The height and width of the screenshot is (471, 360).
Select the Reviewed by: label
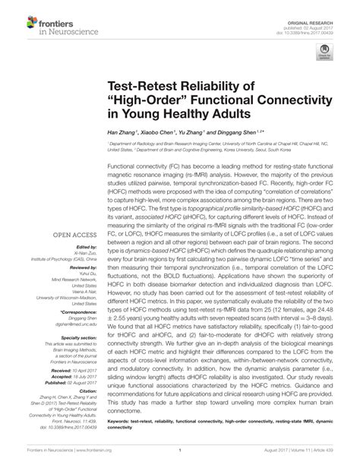pos(82,247)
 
